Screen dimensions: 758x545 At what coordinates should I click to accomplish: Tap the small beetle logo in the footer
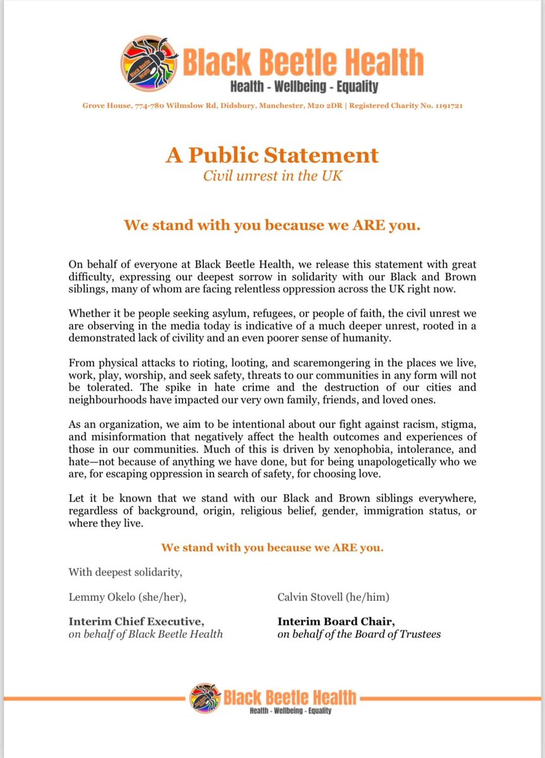pos(203,698)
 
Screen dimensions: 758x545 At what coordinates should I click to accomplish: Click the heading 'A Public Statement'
pos(272,155)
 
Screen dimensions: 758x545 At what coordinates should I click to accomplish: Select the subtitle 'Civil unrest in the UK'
pos(272,176)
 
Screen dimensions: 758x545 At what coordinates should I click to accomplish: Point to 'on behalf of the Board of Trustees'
pos(359,634)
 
